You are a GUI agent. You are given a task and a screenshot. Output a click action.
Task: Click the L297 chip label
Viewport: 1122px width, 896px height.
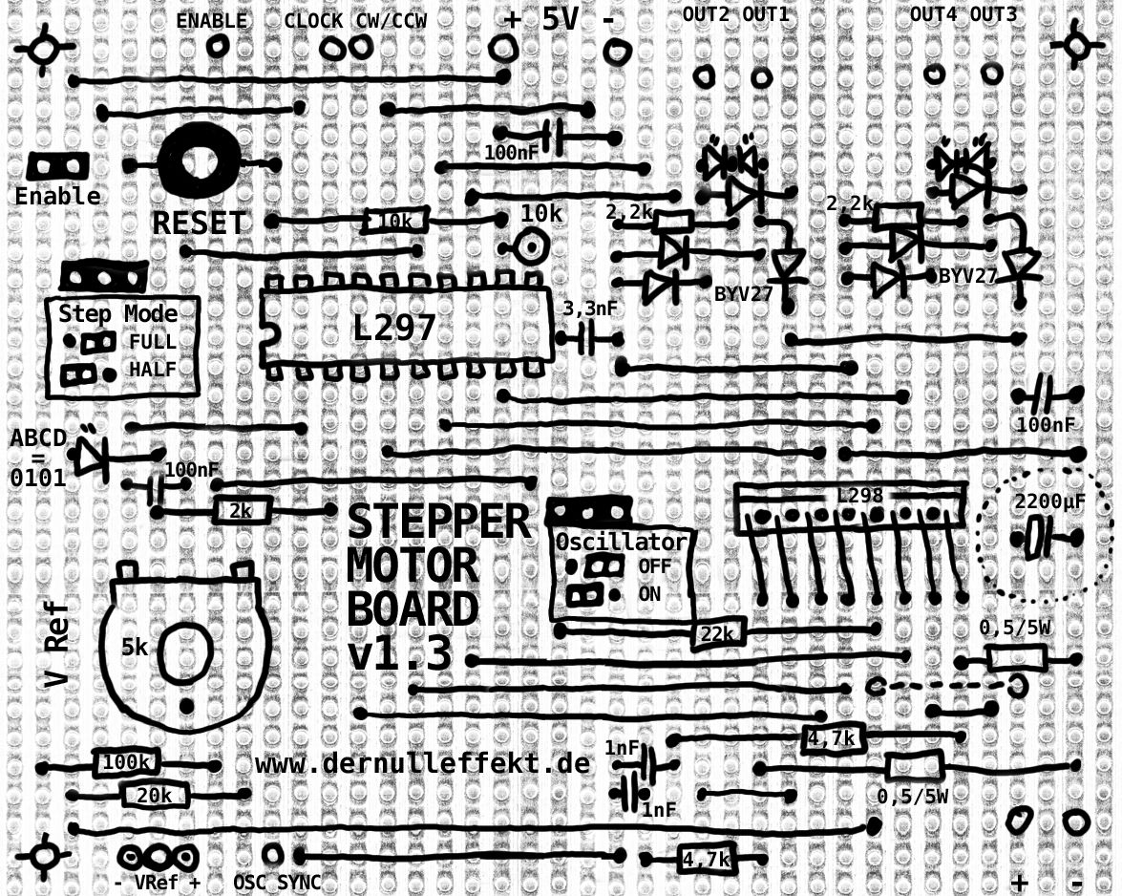pos(394,329)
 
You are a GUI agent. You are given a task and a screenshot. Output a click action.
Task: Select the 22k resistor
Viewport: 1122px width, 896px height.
pos(716,633)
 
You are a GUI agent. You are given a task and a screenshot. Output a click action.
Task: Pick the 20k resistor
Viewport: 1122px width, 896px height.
pos(155,795)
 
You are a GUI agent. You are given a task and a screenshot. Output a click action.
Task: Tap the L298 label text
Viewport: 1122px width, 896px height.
pos(859,496)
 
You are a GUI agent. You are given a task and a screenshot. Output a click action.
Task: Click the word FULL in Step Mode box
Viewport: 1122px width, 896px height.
pos(153,342)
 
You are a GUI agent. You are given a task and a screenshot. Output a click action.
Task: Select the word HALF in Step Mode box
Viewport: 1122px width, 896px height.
pos(153,370)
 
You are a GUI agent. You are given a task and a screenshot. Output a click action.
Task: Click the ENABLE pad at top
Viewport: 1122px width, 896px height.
pos(217,44)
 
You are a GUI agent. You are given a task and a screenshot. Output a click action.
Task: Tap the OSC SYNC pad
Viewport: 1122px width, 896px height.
pos(273,853)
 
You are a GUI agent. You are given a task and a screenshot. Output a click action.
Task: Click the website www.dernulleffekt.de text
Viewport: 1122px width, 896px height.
pos(422,764)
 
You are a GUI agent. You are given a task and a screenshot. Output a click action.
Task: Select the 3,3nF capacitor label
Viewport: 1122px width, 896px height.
pos(591,309)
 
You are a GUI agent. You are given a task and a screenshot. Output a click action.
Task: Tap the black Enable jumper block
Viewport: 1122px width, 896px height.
pos(58,165)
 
